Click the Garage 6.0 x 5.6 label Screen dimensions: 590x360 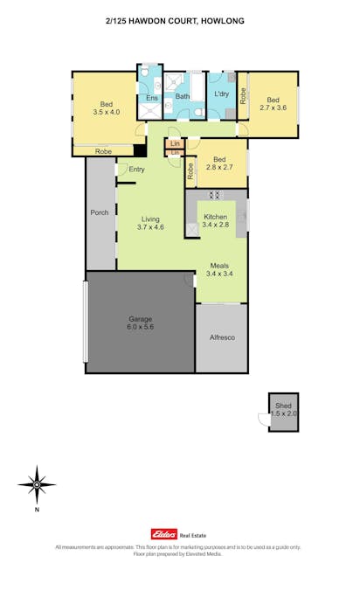coord(140,323)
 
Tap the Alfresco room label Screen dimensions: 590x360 coord(222,337)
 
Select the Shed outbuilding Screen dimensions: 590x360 coord(283,411)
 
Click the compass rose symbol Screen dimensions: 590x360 coord(37,482)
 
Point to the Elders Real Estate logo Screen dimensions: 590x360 coord(179,534)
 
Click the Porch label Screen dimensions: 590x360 coord(100,213)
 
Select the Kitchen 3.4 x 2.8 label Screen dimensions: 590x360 coord(215,220)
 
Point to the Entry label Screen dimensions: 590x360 coord(137,170)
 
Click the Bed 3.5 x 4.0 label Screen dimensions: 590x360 coord(105,108)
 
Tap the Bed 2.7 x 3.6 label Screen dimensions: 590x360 coord(273,104)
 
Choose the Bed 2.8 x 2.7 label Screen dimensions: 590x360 coord(220,163)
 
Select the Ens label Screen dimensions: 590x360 coord(151,98)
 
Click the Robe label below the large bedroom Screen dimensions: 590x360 coord(103,152)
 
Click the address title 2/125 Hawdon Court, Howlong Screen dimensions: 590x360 coord(180,19)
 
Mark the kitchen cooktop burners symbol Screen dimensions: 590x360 coord(215,196)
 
